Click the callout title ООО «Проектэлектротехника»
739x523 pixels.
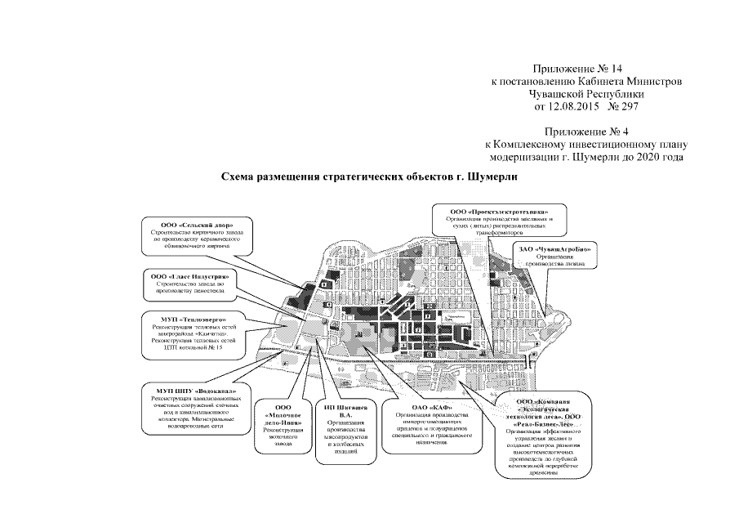[x=499, y=212]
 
